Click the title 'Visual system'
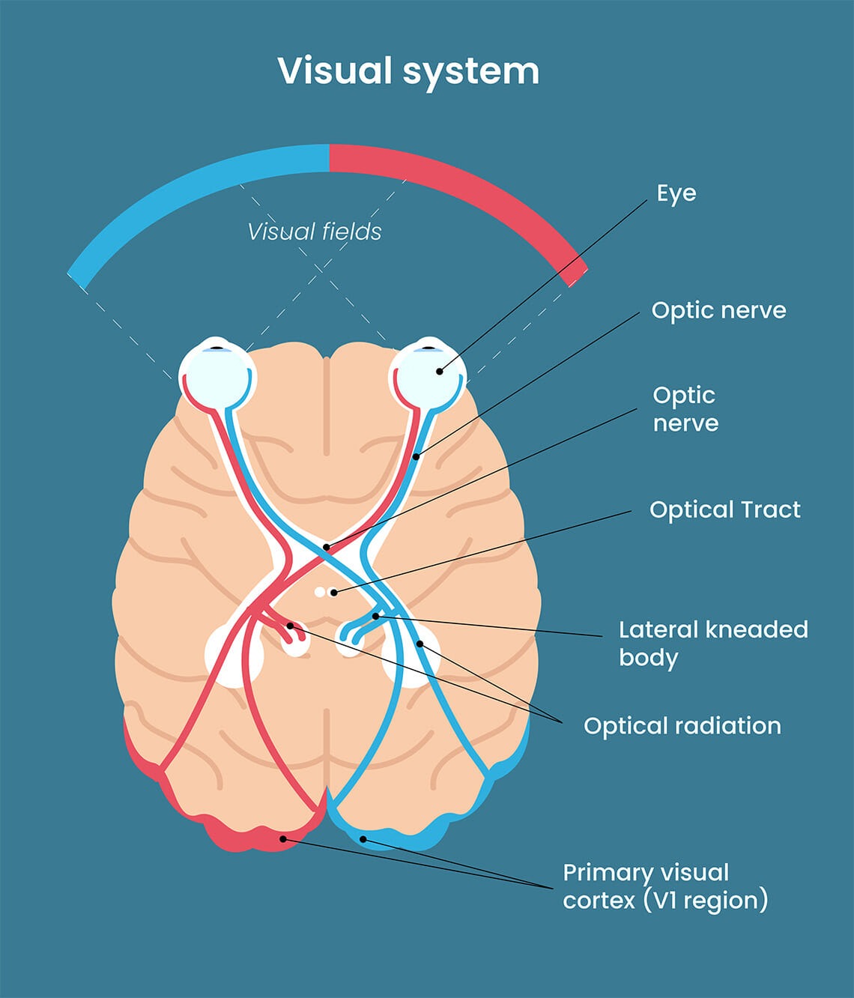(x=408, y=71)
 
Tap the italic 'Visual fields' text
(x=315, y=232)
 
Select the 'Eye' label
(x=676, y=193)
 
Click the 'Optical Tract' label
(x=724, y=509)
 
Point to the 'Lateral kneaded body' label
(x=712, y=643)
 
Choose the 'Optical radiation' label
(x=682, y=725)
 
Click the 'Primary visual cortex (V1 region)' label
(x=665, y=886)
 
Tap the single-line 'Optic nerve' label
(x=718, y=310)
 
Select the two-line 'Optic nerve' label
(x=685, y=409)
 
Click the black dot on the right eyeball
(x=440, y=371)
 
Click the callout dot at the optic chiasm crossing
(x=327, y=548)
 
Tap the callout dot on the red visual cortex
(x=283, y=839)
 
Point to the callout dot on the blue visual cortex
(x=363, y=839)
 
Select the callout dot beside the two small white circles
(x=334, y=593)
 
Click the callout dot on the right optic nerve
(x=417, y=456)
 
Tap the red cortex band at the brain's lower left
(x=142, y=757)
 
